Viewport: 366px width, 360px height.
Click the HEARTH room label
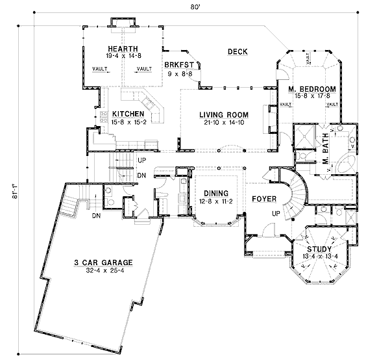[123, 49]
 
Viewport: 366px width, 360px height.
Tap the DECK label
[238, 52]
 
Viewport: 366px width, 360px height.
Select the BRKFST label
[179, 65]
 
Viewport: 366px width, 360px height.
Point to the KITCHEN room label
[128, 114]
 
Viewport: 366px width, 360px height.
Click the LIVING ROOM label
[224, 115]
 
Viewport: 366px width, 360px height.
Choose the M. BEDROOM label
[312, 89]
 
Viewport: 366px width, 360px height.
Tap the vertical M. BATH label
[325, 149]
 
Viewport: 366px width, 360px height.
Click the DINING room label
[216, 194]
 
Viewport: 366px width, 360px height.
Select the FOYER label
[264, 199]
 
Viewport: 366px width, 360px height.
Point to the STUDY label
[319, 249]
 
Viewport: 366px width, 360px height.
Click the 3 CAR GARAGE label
[103, 263]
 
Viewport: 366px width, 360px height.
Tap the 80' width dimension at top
[195, 7]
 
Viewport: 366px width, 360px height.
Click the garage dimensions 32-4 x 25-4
[105, 270]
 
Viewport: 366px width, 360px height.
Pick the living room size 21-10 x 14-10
[224, 122]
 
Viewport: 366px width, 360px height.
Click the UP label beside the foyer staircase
[276, 213]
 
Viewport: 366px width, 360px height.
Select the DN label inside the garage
[96, 216]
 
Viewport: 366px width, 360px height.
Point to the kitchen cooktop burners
[104, 117]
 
